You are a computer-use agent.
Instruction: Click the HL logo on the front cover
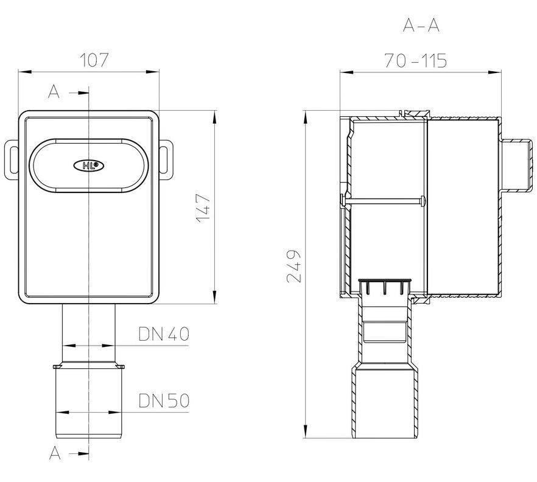[89, 166]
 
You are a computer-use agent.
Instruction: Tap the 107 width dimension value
[94, 60]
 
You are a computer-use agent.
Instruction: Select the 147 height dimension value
[203, 209]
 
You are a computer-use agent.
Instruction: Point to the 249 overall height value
[294, 266]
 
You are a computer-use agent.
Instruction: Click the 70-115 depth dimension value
[415, 61]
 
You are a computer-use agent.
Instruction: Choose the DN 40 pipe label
[164, 334]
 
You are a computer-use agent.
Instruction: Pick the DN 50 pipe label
[164, 400]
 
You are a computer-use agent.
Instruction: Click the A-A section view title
[421, 26]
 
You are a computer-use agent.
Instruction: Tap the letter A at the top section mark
[54, 92]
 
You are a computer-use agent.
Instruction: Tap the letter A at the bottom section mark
[55, 453]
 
